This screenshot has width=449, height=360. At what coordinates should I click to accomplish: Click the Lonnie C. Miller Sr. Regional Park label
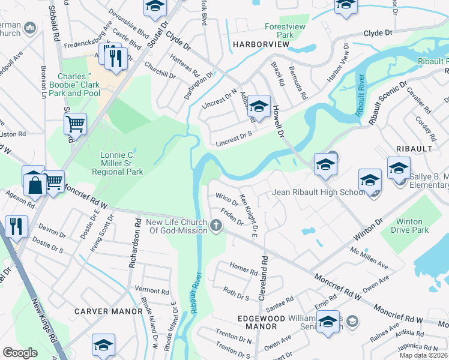[118, 163]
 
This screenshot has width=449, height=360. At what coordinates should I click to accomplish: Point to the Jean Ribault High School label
[318, 193]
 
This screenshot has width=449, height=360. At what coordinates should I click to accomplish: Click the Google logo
[20, 352]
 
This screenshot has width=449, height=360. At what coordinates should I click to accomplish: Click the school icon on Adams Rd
[259, 106]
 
